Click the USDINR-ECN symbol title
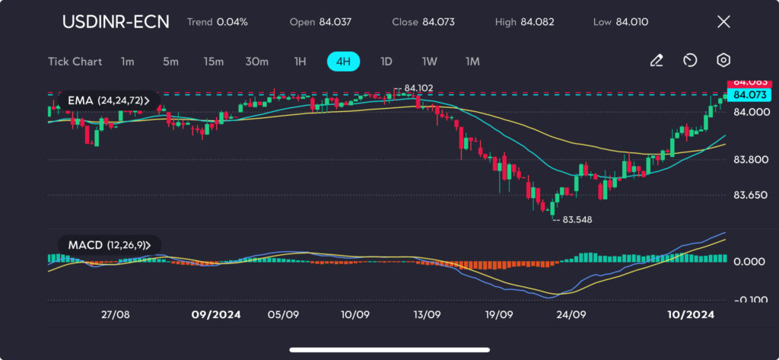click(x=116, y=21)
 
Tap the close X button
click(x=723, y=21)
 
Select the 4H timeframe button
click(x=343, y=61)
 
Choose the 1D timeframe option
click(x=386, y=61)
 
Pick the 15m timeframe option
click(x=213, y=61)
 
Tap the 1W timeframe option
click(x=430, y=61)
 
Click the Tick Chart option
click(x=75, y=61)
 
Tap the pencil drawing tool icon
click(x=657, y=61)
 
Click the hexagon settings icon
click(x=723, y=61)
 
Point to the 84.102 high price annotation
click(x=418, y=88)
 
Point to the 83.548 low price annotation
click(x=577, y=219)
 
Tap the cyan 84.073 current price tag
click(x=749, y=95)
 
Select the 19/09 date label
click(x=498, y=314)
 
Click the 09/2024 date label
click(x=216, y=314)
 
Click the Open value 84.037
click(x=332, y=22)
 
